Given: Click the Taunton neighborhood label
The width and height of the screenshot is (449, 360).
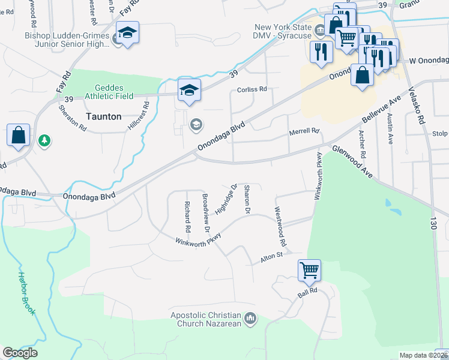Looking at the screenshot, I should pyautogui.click(x=103, y=116).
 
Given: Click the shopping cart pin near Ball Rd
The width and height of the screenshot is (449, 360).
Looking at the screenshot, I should pyautogui.click(x=309, y=270).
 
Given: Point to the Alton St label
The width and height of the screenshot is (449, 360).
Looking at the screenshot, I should pyautogui.click(x=271, y=257).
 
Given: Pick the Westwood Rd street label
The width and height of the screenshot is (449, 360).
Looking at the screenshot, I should pyautogui.click(x=279, y=227).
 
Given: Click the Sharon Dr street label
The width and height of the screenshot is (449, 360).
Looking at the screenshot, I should pyautogui.click(x=246, y=200).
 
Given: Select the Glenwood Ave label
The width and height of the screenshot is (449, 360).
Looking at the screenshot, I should pyautogui.click(x=354, y=163).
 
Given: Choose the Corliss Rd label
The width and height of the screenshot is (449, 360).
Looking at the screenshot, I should pyautogui.click(x=252, y=89).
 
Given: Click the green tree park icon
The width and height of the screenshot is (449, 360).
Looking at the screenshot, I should pyautogui.click(x=44, y=141).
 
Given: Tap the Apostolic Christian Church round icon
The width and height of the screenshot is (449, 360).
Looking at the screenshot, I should pyautogui.click(x=251, y=318).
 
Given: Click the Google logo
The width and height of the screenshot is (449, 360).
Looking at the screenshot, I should pyautogui.click(x=20, y=353).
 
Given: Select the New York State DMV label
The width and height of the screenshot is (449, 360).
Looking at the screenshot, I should pyautogui.click(x=283, y=31).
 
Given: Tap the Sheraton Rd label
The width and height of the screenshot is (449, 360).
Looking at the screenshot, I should pyautogui.click(x=73, y=117).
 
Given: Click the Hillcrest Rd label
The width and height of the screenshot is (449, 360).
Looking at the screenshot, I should pyautogui.click(x=137, y=116).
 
